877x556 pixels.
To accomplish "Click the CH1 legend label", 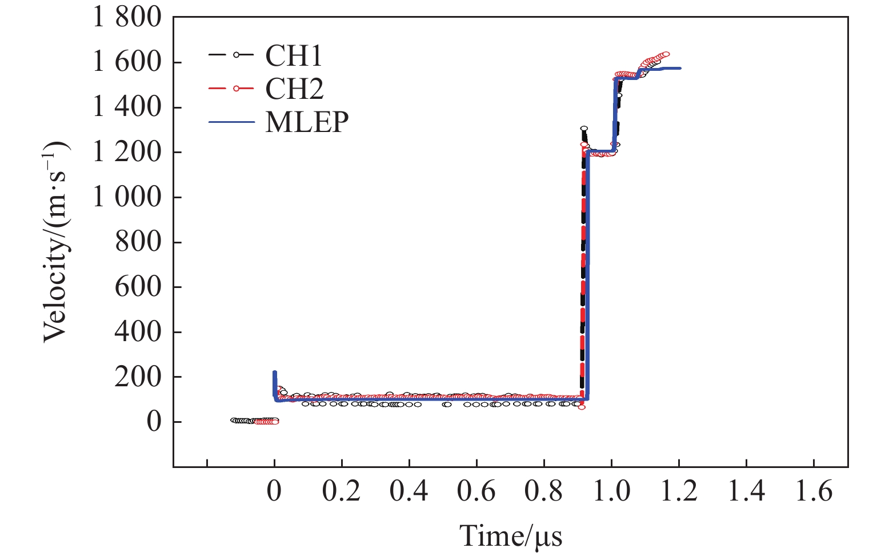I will (x=294, y=56).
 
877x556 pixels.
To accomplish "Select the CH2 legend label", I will (x=294, y=89).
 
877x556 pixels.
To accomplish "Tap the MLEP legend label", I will (x=307, y=122).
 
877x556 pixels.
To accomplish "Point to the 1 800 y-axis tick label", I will (x=127, y=18).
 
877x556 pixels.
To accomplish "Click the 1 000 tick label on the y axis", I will (x=127, y=197).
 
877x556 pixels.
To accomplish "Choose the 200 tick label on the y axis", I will (x=138, y=377).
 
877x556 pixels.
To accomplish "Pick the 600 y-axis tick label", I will (x=138, y=287).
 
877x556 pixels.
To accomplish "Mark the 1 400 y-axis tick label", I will (x=127, y=107).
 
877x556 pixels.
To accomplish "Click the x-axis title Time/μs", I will (x=511, y=536).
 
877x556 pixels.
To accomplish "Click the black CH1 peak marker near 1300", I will (x=584, y=129).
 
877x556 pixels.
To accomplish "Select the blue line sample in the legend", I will (x=231, y=122).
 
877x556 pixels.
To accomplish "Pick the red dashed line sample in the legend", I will (x=231, y=89).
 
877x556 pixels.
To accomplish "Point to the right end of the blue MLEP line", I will (x=680, y=69).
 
